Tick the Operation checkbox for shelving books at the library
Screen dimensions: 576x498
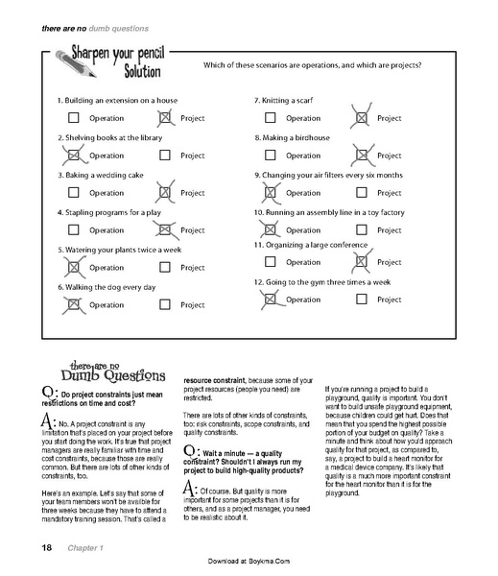tap(74, 155)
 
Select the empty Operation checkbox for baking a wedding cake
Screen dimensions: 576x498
tap(74, 192)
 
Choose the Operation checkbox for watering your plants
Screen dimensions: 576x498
tap(74, 267)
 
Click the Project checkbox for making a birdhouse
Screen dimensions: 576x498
tap(362, 155)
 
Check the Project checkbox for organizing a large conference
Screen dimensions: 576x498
tap(362, 262)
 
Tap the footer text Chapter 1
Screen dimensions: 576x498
tap(83, 548)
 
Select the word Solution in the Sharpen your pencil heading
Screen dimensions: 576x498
tap(132, 74)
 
